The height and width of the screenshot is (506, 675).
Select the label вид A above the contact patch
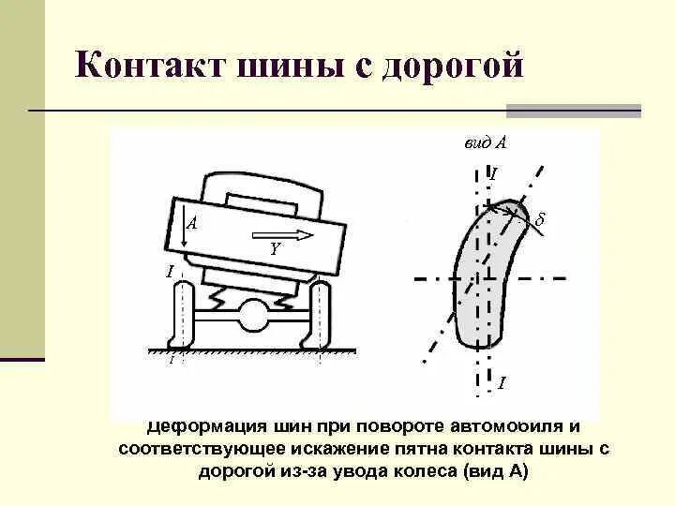486,143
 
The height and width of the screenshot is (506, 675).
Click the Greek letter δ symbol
539,220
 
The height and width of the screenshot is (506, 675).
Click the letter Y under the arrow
274,250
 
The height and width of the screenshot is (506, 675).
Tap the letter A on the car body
191,224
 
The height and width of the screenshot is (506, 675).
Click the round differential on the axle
252,315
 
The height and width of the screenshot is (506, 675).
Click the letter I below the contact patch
502,382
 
